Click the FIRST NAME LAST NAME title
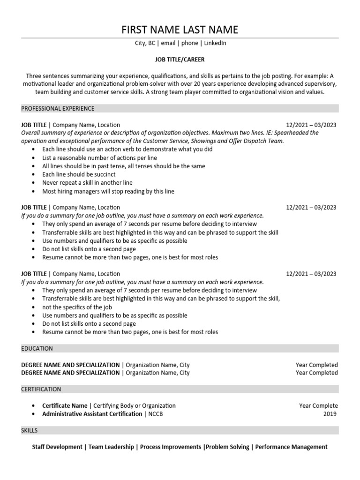coord(180,30)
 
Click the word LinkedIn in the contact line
coord(216,43)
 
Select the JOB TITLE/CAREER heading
coord(180,60)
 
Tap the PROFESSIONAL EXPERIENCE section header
coord(58,108)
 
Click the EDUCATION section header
coord(37,348)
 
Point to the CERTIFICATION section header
coord(41,389)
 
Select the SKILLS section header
coord(30,430)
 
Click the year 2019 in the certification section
coord(330,414)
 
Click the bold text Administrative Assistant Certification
coord(92,414)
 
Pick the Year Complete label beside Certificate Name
coord(318,405)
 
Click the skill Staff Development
coord(57,447)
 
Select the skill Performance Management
coord(291,447)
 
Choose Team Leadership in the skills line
coord(111,447)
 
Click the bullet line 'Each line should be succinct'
coord(79,174)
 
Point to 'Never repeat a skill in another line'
coord(87,183)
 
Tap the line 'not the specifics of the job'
coord(77,307)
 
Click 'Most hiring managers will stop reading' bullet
coord(108,191)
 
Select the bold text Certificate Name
coord(65,405)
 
